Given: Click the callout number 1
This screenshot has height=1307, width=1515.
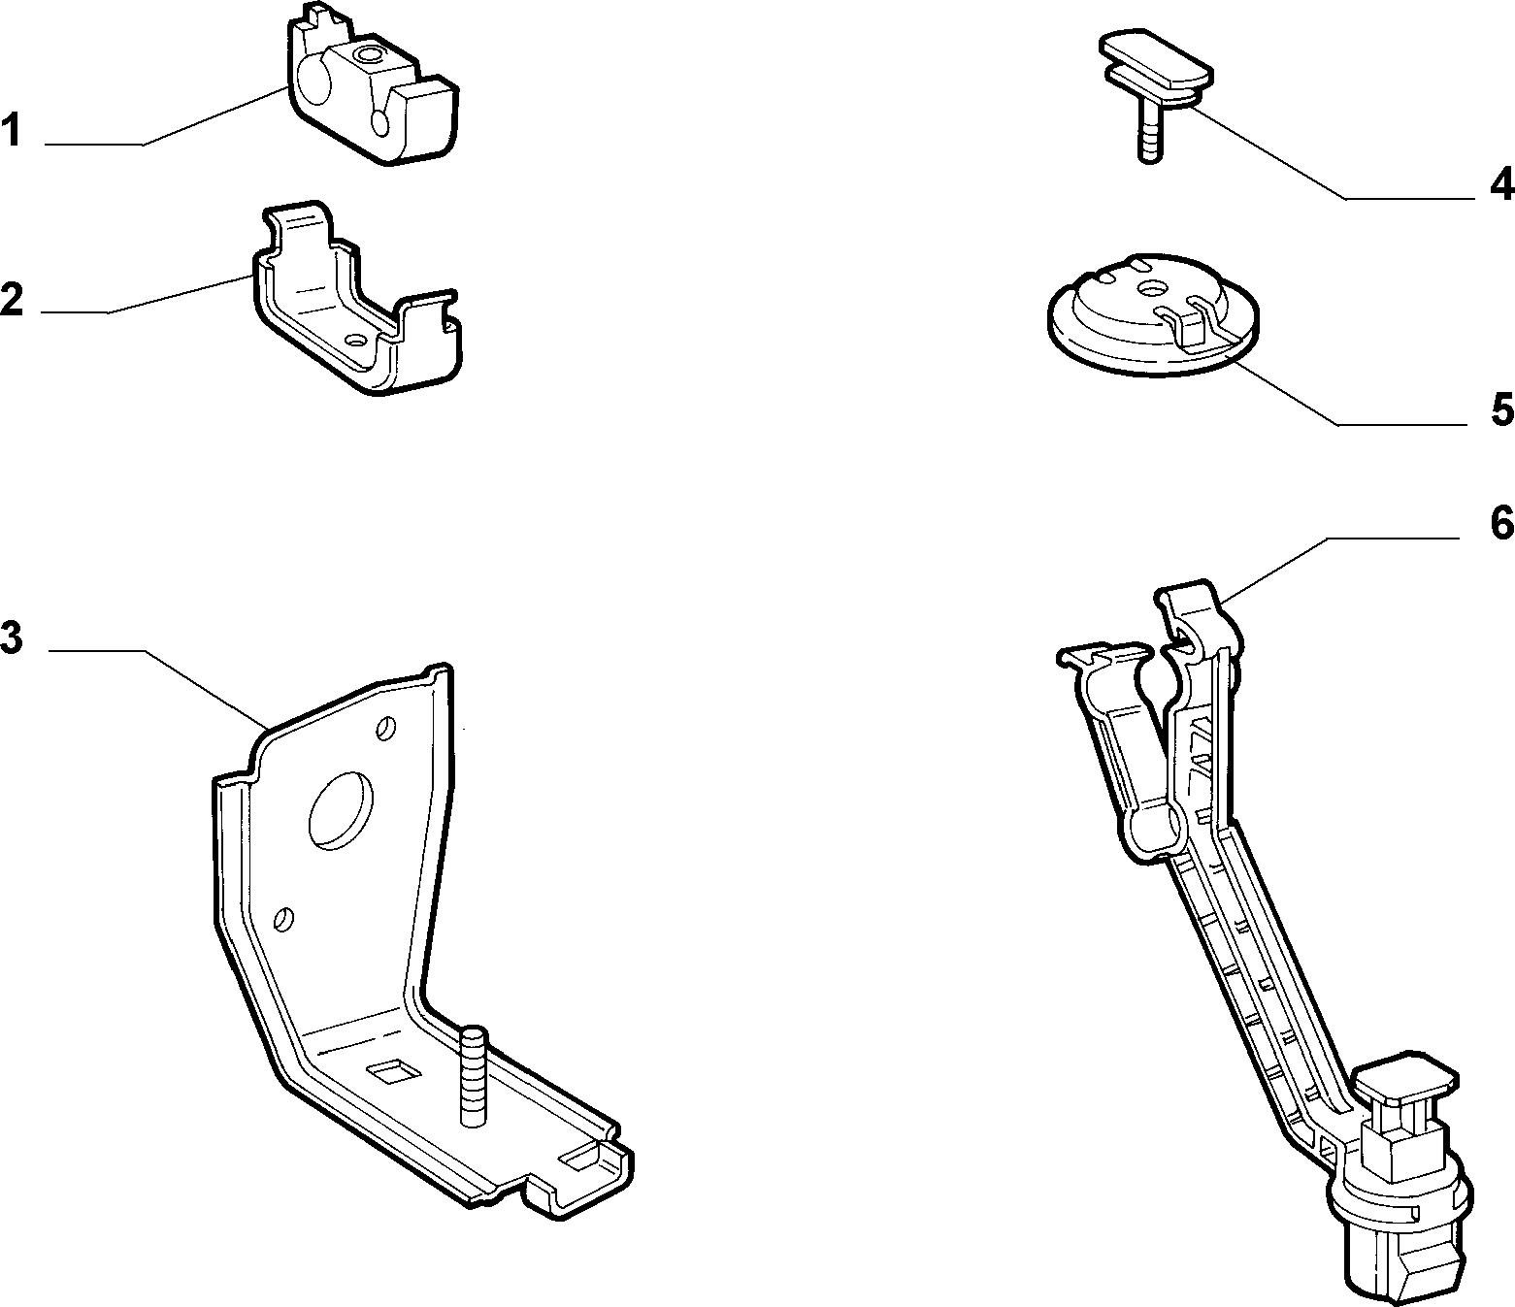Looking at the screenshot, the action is click(11, 130).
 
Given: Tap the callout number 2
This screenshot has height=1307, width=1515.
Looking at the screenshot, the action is click(12, 300).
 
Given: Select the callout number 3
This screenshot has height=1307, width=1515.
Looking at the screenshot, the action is click(12, 637).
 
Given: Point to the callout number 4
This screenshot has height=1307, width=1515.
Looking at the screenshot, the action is click(1501, 184).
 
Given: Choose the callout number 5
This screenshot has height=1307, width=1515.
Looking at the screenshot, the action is click(1502, 409).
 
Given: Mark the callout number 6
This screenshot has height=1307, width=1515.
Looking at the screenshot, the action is click(1501, 524).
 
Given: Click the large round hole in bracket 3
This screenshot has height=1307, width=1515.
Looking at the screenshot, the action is click(341, 810).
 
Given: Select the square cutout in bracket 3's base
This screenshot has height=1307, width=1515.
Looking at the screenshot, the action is click(393, 1072).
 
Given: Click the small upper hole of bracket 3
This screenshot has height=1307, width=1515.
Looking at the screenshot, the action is click(385, 728).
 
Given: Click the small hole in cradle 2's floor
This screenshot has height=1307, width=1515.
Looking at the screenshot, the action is click(357, 340).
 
